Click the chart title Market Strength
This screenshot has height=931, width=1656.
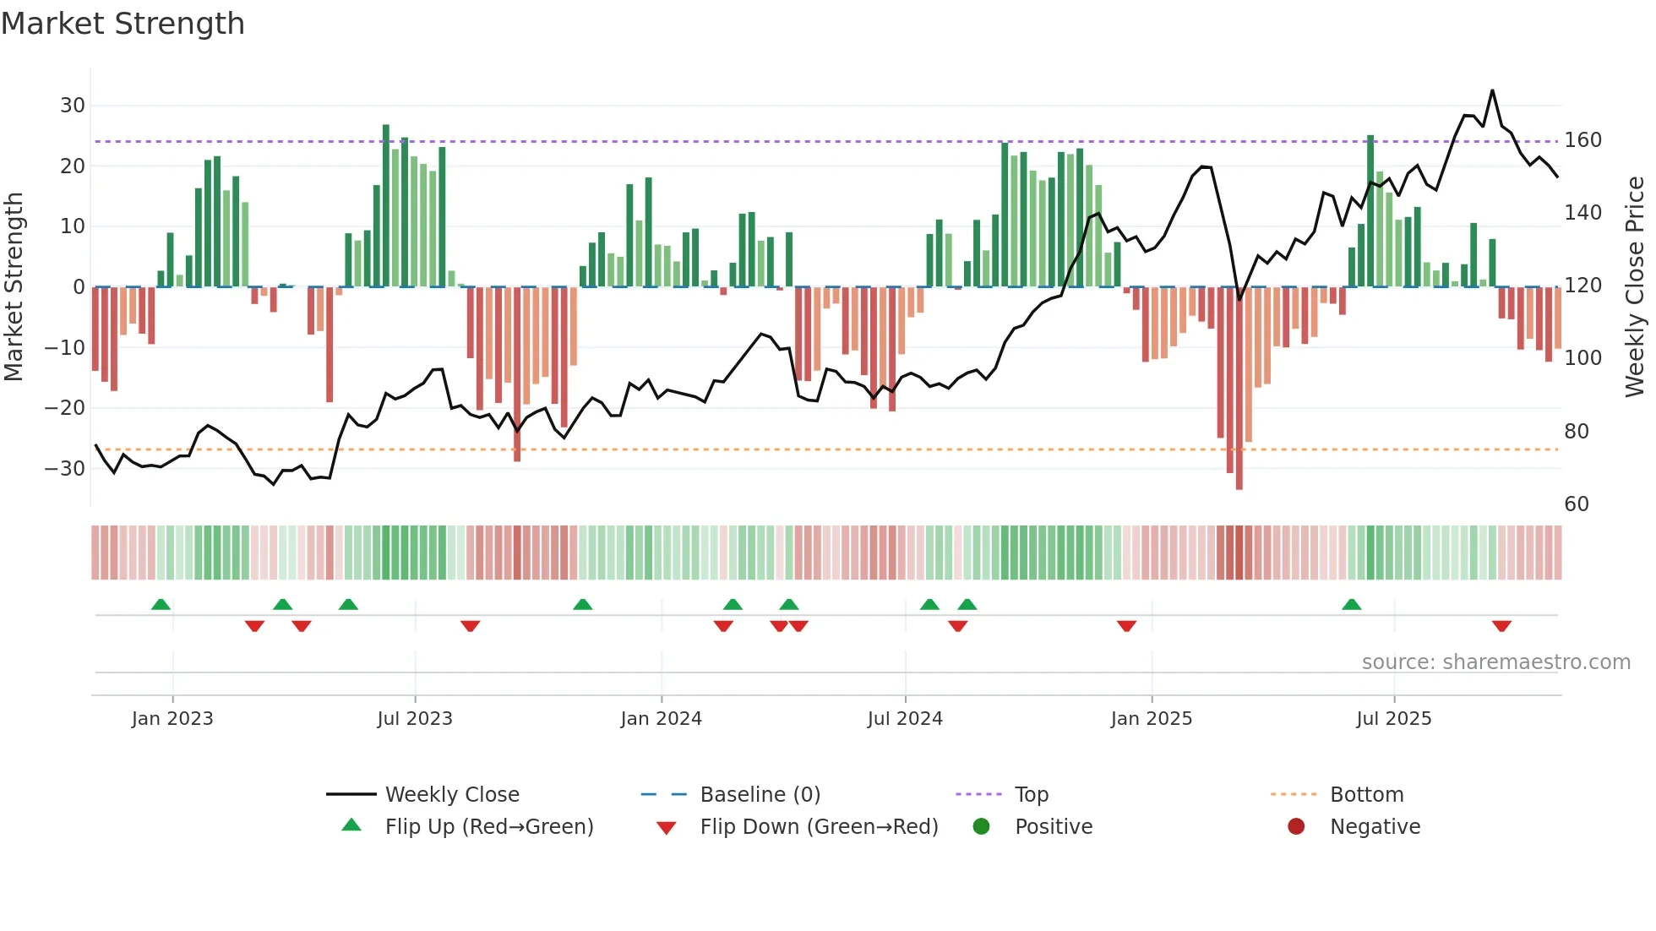(123, 24)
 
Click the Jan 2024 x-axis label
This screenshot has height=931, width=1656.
(661, 719)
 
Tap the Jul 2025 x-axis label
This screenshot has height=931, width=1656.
(1393, 719)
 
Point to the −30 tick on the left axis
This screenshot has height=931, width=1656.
(65, 469)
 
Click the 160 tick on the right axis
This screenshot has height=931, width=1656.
(1582, 140)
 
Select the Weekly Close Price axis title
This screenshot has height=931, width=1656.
(1635, 287)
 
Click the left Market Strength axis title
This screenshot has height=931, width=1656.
(14, 287)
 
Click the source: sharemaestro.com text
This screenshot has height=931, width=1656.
(1495, 662)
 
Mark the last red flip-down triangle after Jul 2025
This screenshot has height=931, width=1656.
(1501, 626)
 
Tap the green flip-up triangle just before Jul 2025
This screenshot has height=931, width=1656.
(1351, 604)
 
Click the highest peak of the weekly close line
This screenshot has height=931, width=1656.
(1492, 90)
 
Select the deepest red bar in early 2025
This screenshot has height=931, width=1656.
(1239, 389)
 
